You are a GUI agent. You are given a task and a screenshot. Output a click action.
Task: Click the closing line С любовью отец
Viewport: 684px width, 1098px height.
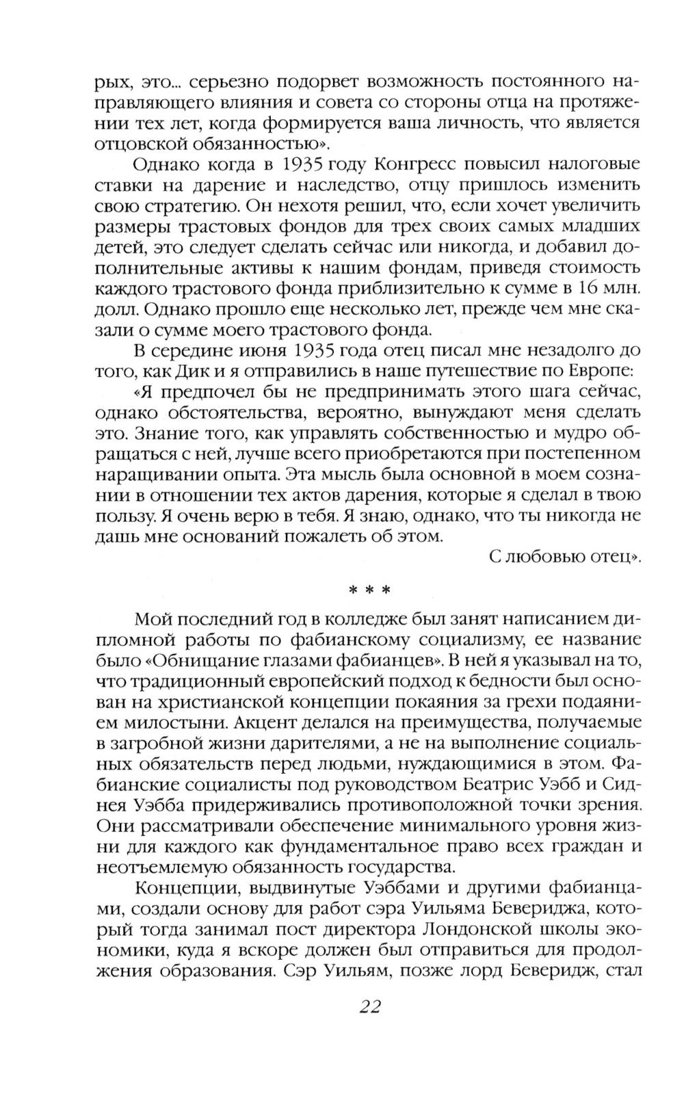pos(566,556)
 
